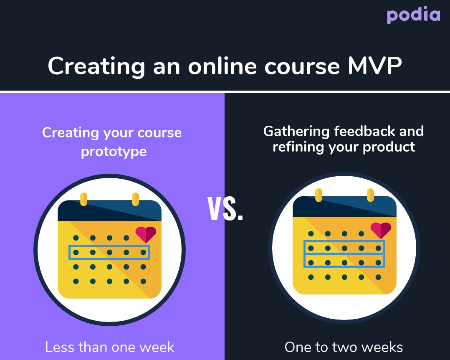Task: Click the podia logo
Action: [x=413, y=15]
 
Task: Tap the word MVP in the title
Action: [x=375, y=66]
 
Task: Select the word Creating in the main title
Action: [x=96, y=67]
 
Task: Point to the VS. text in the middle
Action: [x=225, y=209]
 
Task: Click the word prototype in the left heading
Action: [x=114, y=152]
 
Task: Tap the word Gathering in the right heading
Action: [x=296, y=132]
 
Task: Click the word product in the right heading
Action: [x=389, y=147]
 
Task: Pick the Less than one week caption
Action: [x=110, y=347]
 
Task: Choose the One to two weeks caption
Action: [x=344, y=347]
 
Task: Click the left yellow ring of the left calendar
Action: [x=83, y=199]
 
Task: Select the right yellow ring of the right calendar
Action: [x=371, y=195]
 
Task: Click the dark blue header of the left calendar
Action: [x=110, y=210]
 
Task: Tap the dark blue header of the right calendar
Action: [x=344, y=206]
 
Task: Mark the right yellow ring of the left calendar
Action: [x=135, y=199]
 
